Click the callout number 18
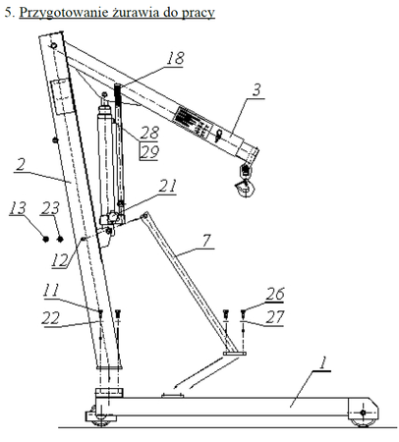point(174,60)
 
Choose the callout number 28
point(148,132)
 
